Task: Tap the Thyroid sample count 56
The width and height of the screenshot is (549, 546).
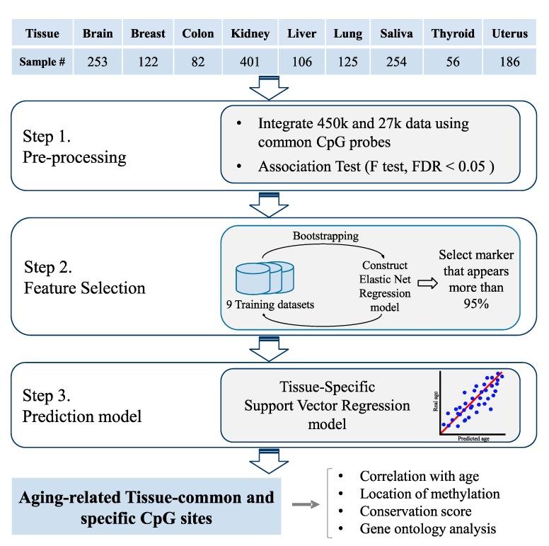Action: coord(453,62)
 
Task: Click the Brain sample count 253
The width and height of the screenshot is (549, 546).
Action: coord(98,62)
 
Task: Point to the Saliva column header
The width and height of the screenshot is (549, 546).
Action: coord(397,33)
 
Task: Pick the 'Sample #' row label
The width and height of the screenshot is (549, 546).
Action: coord(42,62)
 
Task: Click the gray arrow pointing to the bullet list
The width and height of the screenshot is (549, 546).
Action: coord(306,504)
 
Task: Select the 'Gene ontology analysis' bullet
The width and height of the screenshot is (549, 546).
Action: coord(428,528)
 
